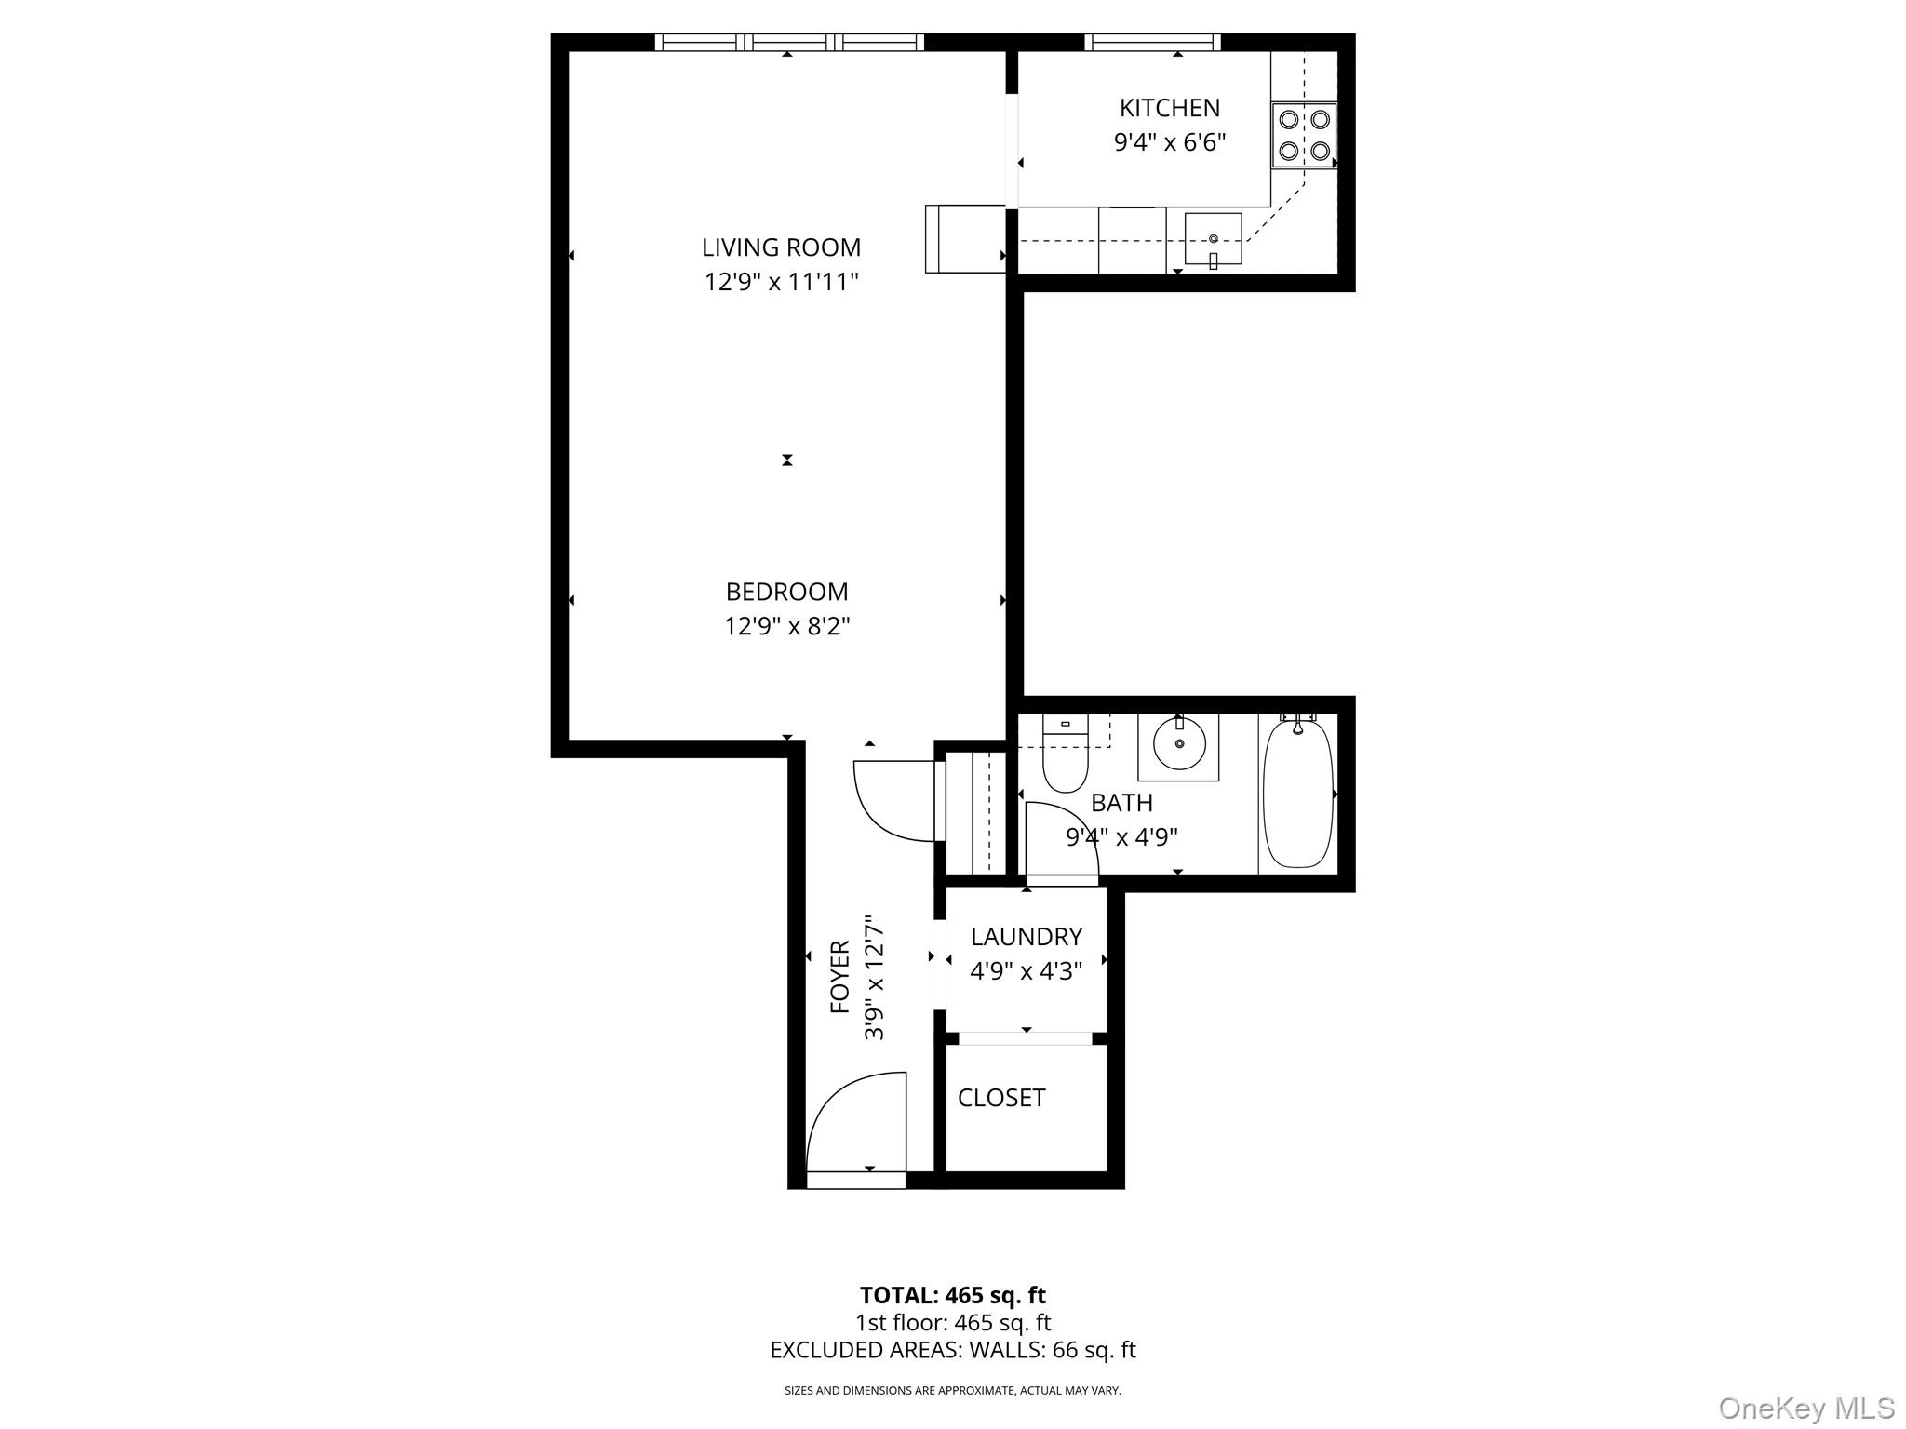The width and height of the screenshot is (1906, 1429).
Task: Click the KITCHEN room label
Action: [x=1169, y=108]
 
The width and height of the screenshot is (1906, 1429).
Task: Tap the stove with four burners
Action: [x=1304, y=135]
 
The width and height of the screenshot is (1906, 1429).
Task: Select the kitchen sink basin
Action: [x=1213, y=240]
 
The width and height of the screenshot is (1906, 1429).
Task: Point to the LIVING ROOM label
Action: [x=781, y=247]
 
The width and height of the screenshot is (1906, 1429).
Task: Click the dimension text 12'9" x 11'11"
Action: [x=781, y=282]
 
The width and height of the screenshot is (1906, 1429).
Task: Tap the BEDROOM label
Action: [x=786, y=592]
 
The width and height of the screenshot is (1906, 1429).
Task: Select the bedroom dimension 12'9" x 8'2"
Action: [x=786, y=626]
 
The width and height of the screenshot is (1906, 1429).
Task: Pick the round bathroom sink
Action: [x=1179, y=744]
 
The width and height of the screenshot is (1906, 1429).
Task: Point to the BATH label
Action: [x=1121, y=802]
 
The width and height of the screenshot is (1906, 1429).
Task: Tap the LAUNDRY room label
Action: [x=1026, y=937]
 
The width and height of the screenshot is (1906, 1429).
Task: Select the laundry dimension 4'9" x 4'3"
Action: [x=1026, y=971]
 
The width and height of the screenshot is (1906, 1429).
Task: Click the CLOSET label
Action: [x=1001, y=1098]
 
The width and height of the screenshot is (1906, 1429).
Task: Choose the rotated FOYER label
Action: [x=839, y=977]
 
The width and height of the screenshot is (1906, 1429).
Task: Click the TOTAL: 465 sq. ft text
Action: [x=952, y=1295]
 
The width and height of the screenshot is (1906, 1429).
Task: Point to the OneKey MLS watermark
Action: [x=1805, y=1408]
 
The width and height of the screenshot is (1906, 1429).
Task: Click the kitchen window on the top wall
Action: [x=1152, y=42]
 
